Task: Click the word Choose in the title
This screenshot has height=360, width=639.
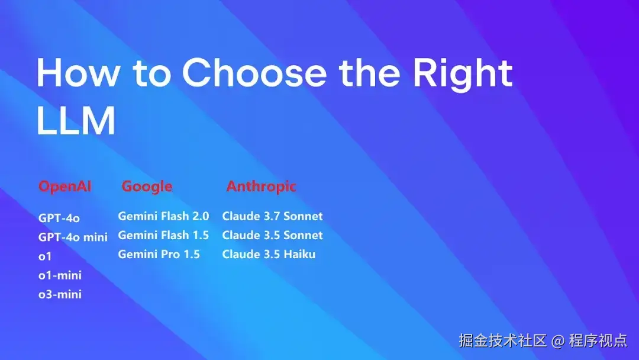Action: [x=254, y=73]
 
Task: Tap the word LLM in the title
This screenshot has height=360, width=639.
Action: [x=76, y=120]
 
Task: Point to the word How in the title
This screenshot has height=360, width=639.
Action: [x=78, y=73]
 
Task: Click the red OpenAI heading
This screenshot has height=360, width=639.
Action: [x=65, y=187]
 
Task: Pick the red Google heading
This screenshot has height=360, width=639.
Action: [x=147, y=187]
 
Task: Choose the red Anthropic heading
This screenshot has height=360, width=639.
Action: [x=261, y=187]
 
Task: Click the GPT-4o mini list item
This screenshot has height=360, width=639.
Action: [x=73, y=237]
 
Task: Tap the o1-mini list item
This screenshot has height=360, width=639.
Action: [x=60, y=275]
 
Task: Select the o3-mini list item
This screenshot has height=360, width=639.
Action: [x=60, y=294]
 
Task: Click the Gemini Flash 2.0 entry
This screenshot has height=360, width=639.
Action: [x=163, y=216]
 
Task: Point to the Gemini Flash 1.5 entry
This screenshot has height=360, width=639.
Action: [x=163, y=235]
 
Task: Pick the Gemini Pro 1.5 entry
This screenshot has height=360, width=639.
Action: [x=159, y=255]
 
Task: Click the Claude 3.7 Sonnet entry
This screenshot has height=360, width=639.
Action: [x=272, y=216]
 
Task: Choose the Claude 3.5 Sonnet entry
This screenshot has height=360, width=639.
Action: [x=272, y=235]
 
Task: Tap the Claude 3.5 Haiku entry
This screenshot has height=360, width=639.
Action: [x=269, y=255]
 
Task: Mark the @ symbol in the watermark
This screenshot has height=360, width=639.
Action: [x=558, y=341]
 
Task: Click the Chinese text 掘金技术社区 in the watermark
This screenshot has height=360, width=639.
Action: [x=502, y=340]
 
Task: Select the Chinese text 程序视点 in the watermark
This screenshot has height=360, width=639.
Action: [x=598, y=340]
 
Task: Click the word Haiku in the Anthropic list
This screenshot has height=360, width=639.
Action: [x=299, y=255]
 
